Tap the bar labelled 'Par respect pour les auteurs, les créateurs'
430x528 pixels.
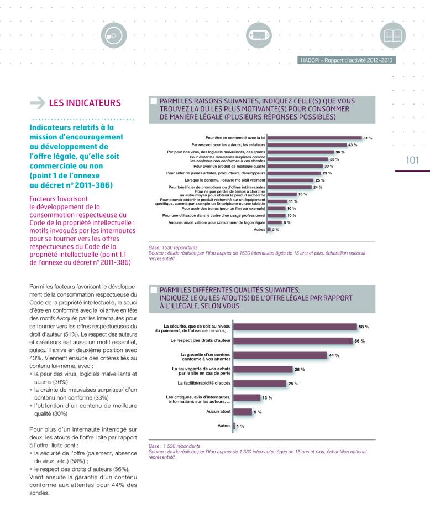pyautogui.click(x=306, y=145)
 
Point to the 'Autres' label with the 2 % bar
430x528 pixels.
pyautogui.click(x=260, y=229)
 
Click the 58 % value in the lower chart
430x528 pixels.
pyautogui.click(x=364, y=327)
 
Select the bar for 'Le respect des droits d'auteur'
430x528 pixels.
pyautogui.click(x=293, y=341)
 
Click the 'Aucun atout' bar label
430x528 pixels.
pyautogui.click(x=218, y=412)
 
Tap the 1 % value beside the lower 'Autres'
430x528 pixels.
pyautogui.click(x=240, y=426)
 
